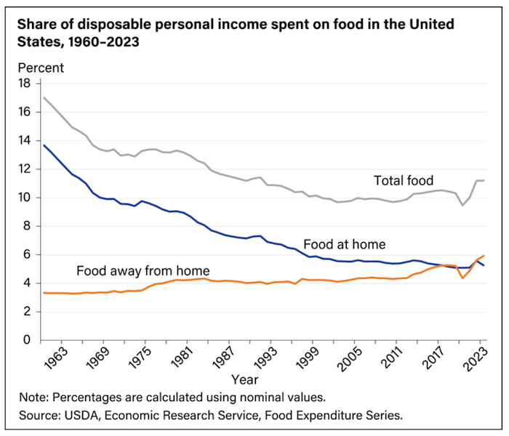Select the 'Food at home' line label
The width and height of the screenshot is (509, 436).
(345, 244)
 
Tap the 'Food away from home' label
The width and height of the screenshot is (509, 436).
(144, 272)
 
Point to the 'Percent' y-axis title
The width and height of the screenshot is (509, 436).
(41, 68)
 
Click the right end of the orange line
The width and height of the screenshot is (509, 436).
(483, 256)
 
